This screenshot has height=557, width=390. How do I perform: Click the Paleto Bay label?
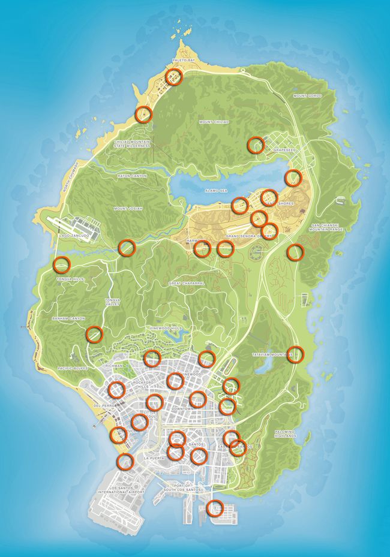click(184, 61)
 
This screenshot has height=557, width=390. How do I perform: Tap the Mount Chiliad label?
click(214, 122)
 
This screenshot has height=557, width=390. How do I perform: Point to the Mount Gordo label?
click(307, 96)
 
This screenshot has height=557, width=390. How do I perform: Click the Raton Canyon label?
click(132, 176)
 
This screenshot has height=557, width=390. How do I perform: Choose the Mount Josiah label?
click(128, 209)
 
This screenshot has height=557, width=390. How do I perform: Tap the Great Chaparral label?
click(187, 283)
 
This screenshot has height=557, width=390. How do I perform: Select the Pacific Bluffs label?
click(73, 368)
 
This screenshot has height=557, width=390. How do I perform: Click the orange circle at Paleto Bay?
click(174, 77)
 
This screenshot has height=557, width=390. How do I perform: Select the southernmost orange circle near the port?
click(215, 508)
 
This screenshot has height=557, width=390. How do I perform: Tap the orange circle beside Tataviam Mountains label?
click(295, 354)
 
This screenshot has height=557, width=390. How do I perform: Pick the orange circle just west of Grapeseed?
click(256, 144)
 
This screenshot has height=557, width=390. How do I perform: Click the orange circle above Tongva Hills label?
click(61, 264)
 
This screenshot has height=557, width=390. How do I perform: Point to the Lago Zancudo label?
click(74, 236)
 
